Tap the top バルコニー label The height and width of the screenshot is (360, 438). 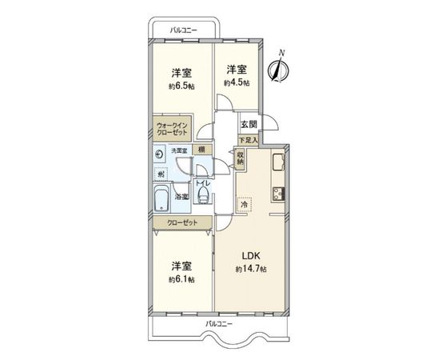tap(183, 31)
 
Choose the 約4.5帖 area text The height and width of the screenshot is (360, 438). tap(237, 82)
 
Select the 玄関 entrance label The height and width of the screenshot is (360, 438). tap(249, 125)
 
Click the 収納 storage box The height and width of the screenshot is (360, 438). tap(240, 159)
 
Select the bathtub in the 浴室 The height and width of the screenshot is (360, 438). tap(161, 198)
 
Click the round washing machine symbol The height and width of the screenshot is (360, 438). tap(159, 154)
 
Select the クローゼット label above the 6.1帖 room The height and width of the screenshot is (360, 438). tap(183, 223)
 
